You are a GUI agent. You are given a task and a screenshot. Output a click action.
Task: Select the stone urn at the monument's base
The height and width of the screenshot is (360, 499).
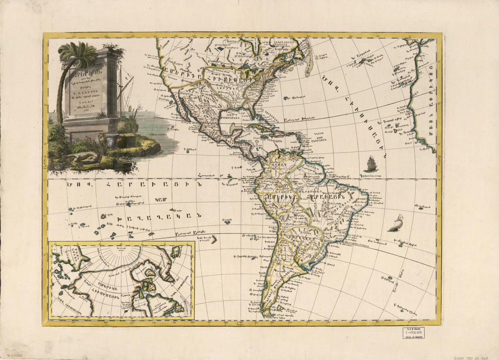click(x=111, y=139)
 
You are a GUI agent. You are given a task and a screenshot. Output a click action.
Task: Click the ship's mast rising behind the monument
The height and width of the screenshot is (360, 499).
click(x=121, y=89)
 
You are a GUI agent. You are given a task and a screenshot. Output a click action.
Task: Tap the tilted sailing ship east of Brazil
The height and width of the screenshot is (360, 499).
click(x=396, y=223)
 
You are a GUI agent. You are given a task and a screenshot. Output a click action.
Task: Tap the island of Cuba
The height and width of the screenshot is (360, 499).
click(x=263, y=127)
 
